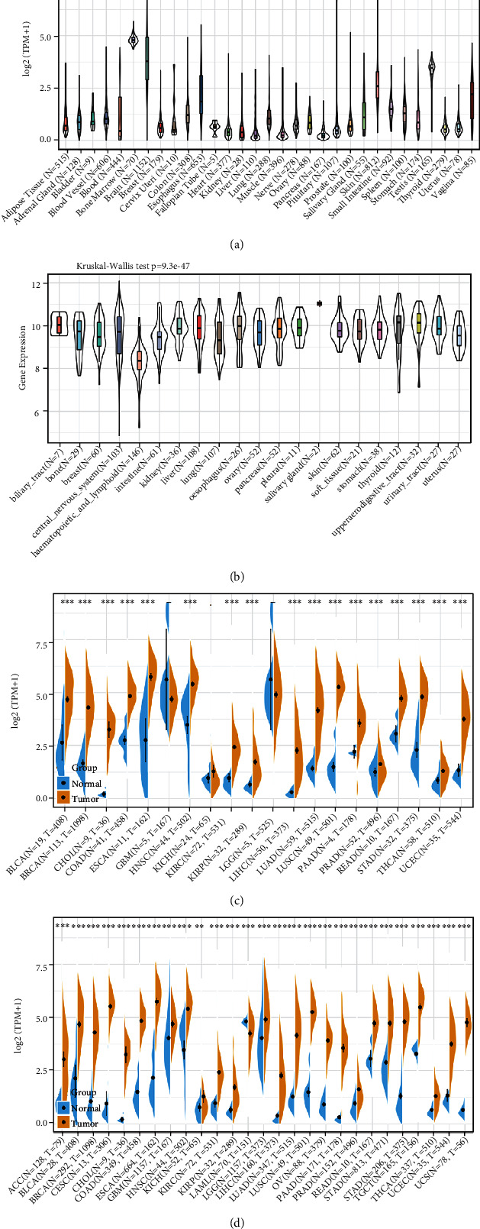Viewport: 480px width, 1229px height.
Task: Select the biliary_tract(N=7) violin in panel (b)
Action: pyautogui.click(x=59, y=324)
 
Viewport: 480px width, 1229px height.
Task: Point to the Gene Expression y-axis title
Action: pyautogui.click(x=24, y=348)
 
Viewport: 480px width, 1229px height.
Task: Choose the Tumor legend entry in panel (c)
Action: pyautogui.click(x=83, y=797)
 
